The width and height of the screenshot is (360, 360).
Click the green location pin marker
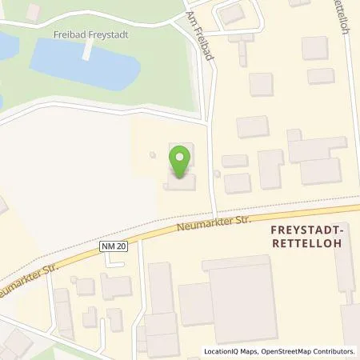pyautogui.click(x=181, y=159)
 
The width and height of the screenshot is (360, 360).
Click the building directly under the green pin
pyautogui.click(x=180, y=183)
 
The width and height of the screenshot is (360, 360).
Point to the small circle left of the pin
pyautogui.click(x=152, y=155)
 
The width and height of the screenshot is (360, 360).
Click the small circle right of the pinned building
pyautogui.click(x=217, y=173)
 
